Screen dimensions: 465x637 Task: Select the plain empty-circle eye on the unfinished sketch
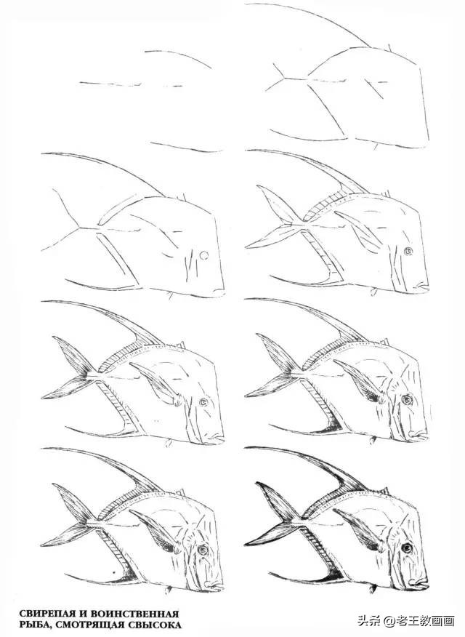click(204, 255)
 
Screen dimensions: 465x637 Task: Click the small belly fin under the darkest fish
click(373, 588)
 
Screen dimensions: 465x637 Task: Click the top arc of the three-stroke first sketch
click(179, 57)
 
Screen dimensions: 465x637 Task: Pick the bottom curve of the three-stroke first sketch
click(186, 148)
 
